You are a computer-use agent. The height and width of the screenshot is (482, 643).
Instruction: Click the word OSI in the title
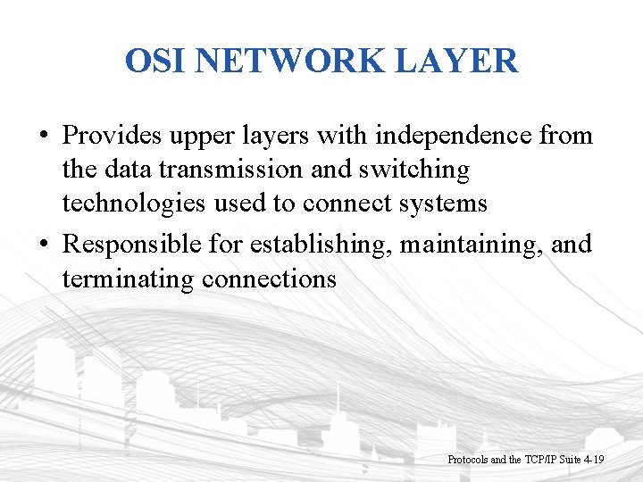point(156,61)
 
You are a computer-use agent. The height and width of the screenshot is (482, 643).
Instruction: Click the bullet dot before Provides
point(44,137)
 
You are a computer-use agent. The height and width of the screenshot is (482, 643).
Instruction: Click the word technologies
point(134,204)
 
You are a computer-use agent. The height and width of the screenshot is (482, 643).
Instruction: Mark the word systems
point(443,204)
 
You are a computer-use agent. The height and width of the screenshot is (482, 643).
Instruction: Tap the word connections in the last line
point(270,278)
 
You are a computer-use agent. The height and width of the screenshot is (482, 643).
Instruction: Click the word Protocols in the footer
point(467,459)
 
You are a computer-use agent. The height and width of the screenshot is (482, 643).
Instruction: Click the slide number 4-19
point(592,459)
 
